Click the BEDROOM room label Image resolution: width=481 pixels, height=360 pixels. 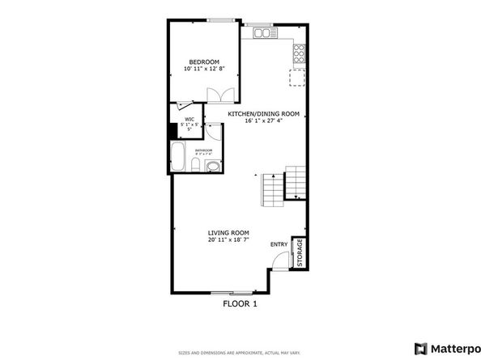tap(204, 61)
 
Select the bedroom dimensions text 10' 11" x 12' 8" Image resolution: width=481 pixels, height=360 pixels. tap(204, 70)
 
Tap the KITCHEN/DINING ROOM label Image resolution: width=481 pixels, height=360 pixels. tap(263, 114)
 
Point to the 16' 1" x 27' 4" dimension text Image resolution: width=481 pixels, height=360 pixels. tap(263, 121)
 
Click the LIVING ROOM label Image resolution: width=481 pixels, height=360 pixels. tap(228, 232)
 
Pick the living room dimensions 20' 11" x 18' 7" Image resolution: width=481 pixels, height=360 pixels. tap(228, 239)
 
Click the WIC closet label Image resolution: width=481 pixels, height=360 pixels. tap(188, 119)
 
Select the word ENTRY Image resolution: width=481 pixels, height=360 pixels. tap(279, 244)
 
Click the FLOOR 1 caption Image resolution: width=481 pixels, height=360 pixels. tap(240, 304)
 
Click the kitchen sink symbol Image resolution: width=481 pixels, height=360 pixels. tap(263, 33)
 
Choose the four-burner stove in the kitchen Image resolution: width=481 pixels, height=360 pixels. tap(298, 53)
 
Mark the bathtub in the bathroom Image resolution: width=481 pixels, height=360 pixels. tap(179, 158)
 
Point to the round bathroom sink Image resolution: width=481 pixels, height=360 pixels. tap(212, 167)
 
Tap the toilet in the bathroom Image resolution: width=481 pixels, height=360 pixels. tap(196, 166)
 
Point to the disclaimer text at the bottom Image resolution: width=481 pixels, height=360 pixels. tap(240, 353)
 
